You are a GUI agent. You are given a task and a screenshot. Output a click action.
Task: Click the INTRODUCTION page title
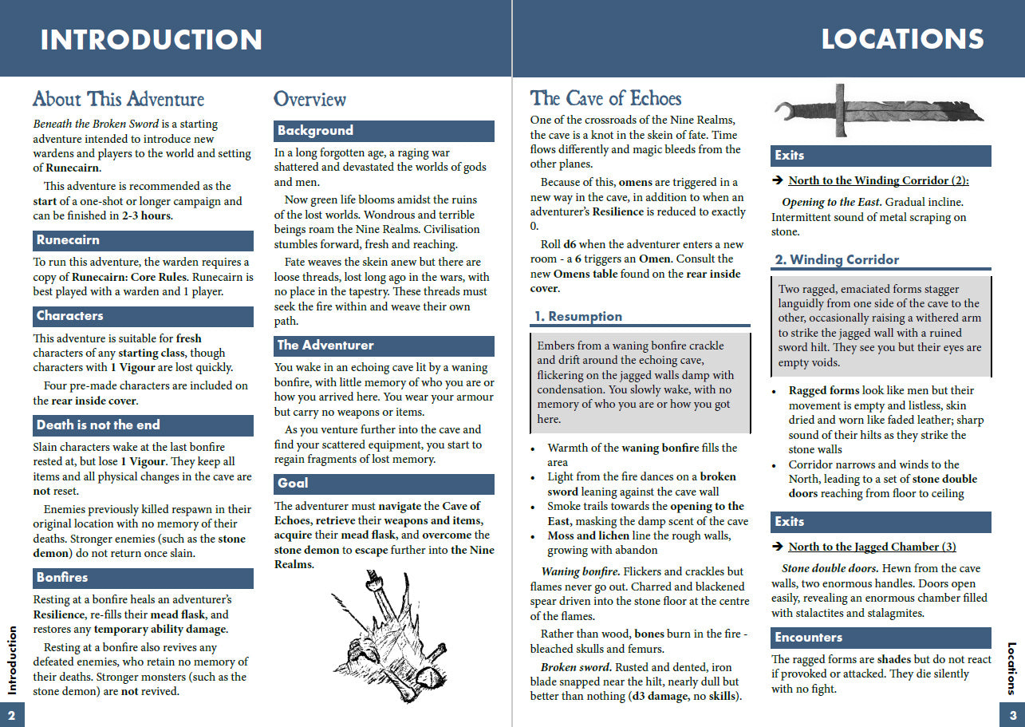click(151, 39)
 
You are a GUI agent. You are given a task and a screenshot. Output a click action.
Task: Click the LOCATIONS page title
click(902, 39)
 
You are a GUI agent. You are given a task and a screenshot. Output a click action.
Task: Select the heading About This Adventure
click(118, 99)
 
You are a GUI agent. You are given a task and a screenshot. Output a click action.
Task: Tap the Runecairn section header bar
click(143, 240)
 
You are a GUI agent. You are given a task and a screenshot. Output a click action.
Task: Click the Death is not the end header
click(143, 425)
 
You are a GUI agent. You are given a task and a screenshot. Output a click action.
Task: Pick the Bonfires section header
click(143, 578)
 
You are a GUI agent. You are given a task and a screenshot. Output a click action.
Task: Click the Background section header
click(384, 131)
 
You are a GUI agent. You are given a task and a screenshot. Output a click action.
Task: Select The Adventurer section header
click(384, 346)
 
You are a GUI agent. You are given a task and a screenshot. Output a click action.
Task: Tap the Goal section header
click(384, 484)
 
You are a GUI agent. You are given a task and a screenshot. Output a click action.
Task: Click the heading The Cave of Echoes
click(605, 98)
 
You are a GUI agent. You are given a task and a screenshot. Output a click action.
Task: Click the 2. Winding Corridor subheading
click(837, 260)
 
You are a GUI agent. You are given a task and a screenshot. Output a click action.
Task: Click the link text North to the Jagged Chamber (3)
click(872, 547)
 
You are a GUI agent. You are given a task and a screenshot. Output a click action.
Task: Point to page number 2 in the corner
click(12, 714)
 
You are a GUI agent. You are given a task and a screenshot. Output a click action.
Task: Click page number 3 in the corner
click(1012, 714)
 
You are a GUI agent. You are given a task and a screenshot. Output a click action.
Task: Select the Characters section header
click(143, 316)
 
